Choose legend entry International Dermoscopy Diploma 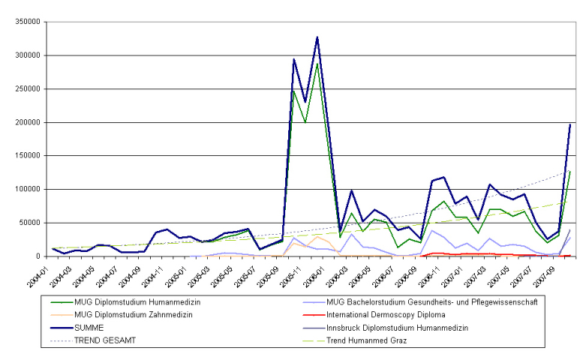pos(380,315)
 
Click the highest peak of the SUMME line pos(317,37)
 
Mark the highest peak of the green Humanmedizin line pos(317,64)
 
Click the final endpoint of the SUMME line pos(570,124)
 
